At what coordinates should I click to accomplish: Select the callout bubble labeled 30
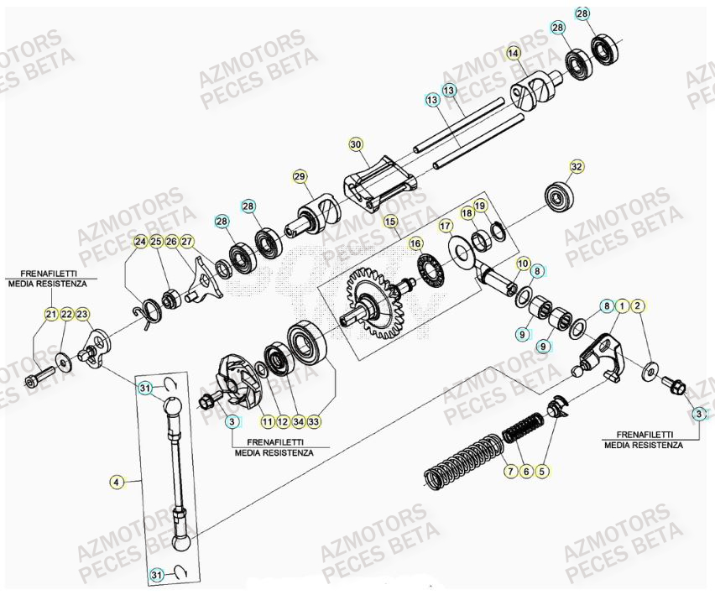356,144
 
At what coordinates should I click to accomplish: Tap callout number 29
300,175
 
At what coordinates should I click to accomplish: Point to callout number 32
576,166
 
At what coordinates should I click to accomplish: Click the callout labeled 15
389,221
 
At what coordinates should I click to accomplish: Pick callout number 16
415,243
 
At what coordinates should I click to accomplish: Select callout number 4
117,482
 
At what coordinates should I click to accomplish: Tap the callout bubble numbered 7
509,472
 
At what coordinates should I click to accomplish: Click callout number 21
51,314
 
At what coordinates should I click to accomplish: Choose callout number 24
140,242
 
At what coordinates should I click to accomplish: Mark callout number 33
313,420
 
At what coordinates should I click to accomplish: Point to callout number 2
639,306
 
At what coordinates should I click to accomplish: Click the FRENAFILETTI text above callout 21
50,274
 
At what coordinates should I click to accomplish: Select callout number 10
523,264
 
